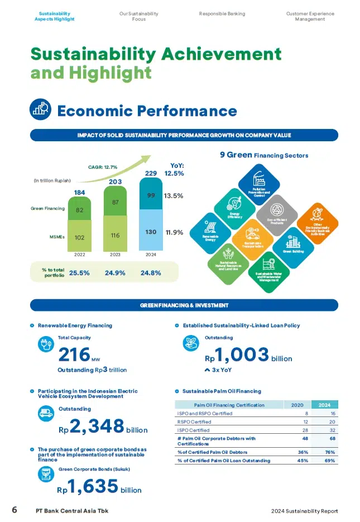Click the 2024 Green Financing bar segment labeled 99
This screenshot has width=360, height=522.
pos(151,196)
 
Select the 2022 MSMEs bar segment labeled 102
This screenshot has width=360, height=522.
pos(80,237)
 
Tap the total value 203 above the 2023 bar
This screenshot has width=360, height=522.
pos(115,181)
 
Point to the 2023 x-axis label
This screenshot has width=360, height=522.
pos(115,254)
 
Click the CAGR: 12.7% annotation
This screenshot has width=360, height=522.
pos(102,166)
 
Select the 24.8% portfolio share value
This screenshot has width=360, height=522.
pos(151,273)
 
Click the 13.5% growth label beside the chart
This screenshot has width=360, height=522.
pos(174,196)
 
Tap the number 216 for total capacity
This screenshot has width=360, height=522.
pos(74,355)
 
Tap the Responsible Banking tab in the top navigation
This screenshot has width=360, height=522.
pos(222,13)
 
